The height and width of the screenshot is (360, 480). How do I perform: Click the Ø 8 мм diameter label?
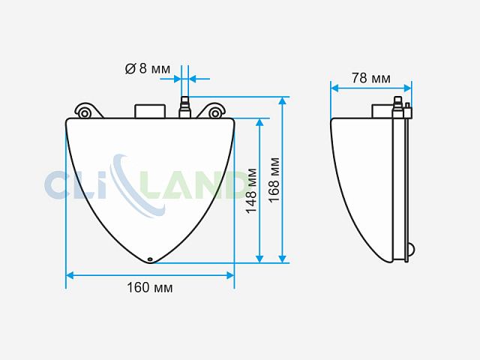(148, 69)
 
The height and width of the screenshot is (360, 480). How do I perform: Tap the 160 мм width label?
(150, 288)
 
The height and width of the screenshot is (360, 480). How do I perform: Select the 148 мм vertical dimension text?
(251, 190)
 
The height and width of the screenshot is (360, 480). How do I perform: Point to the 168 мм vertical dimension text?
(274, 180)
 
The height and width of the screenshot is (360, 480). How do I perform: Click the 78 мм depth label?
(371, 78)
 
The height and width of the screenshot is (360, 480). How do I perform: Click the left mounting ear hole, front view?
(85, 114)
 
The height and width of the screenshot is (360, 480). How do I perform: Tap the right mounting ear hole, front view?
(215, 114)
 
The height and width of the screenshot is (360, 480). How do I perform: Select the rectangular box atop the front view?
(150, 111)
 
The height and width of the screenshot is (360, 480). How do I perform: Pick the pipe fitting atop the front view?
(185, 107)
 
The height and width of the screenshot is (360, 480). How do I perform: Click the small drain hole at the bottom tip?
(150, 259)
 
